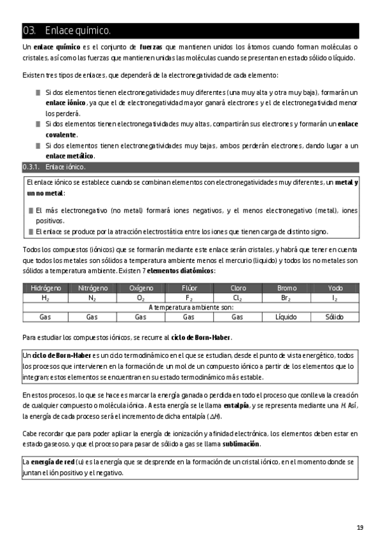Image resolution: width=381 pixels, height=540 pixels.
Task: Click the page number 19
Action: pyautogui.click(x=360, y=509)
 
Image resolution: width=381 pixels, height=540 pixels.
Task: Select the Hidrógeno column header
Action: pyautogui.click(x=46, y=288)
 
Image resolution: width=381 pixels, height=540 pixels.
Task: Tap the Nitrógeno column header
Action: pyautogui.click(x=92, y=288)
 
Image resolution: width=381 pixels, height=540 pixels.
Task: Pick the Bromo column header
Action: pyautogui.click(x=286, y=288)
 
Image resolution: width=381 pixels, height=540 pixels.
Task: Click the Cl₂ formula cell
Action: pyautogui.click(x=237, y=298)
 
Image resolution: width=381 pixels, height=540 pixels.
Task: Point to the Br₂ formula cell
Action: pyautogui.click(x=286, y=298)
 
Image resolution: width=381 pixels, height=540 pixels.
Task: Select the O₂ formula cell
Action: pyautogui.click(x=141, y=298)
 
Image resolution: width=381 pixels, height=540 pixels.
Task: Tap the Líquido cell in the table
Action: pyautogui.click(x=286, y=316)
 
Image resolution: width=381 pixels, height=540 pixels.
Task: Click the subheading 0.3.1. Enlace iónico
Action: pyautogui.click(x=54, y=167)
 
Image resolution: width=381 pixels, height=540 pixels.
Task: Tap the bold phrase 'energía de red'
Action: pyautogui.click(x=52, y=461)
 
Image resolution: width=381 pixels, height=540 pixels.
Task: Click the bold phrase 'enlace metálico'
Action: pyautogui.click(x=70, y=155)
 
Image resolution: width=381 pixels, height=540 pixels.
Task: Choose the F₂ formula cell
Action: pyautogui.click(x=189, y=298)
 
